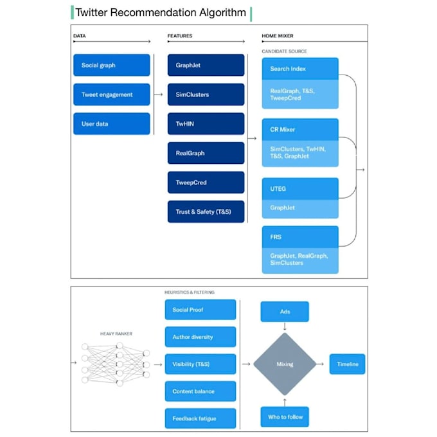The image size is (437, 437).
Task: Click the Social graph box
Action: point(111,65)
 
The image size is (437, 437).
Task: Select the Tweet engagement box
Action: point(111,94)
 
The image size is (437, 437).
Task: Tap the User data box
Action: point(111,124)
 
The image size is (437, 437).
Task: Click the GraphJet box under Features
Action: point(206,65)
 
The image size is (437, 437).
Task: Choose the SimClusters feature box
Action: point(206,94)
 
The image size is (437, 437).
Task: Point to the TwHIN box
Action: point(206,124)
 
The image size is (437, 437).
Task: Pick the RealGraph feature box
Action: point(206,153)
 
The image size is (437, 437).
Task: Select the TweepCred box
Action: point(206,183)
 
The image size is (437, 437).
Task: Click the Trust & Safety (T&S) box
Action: point(206,211)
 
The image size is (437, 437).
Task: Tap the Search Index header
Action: point(300,69)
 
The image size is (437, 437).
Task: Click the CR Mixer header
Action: point(300,129)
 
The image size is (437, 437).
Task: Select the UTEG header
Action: point(300,189)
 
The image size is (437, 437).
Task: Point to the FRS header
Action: point(300,237)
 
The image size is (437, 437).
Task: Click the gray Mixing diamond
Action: point(285,364)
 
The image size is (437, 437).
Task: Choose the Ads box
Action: point(285,312)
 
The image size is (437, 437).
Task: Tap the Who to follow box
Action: point(285,417)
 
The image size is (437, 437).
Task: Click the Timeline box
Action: point(347,364)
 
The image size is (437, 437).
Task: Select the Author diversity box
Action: point(201,337)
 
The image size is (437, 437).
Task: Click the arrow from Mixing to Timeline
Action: point(320,364)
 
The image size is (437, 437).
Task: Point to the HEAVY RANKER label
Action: point(116,334)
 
